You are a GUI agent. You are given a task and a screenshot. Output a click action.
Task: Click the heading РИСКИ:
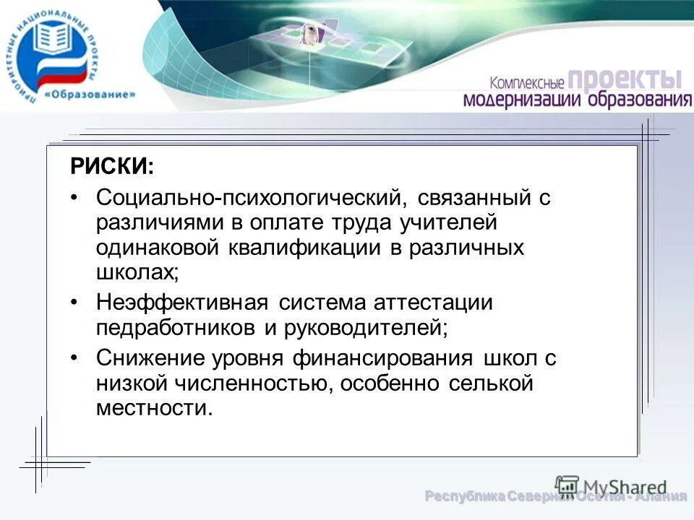[x=112, y=168]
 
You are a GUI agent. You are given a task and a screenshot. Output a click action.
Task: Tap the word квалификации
[x=311, y=247]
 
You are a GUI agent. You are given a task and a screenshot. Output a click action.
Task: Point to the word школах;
[x=137, y=272]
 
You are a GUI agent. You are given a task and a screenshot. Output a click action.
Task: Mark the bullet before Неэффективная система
[x=78, y=302]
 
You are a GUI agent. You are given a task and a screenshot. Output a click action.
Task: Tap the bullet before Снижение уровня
[x=78, y=357]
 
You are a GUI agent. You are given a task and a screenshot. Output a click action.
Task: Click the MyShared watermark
[x=611, y=486]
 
